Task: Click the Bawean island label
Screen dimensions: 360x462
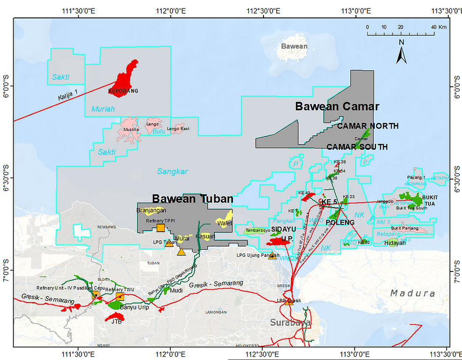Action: pyautogui.click(x=294, y=46)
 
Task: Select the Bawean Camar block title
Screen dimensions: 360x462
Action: pyautogui.click(x=337, y=106)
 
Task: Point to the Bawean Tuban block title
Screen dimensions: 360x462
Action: pyautogui.click(x=186, y=199)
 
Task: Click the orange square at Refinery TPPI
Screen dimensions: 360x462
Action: pyautogui.click(x=160, y=228)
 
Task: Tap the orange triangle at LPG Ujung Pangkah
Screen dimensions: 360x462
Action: pyautogui.click(x=272, y=256)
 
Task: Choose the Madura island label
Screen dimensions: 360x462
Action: pyautogui.click(x=412, y=293)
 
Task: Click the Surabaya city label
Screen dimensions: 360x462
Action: pyautogui.click(x=290, y=323)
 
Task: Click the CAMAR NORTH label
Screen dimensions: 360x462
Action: pyautogui.click(x=368, y=126)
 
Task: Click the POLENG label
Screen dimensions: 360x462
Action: pyautogui.click(x=340, y=222)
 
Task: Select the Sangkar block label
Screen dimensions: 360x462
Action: pyautogui.click(x=173, y=172)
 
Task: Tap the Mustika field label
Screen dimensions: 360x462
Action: pyautogui.click(x=131, y=129)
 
